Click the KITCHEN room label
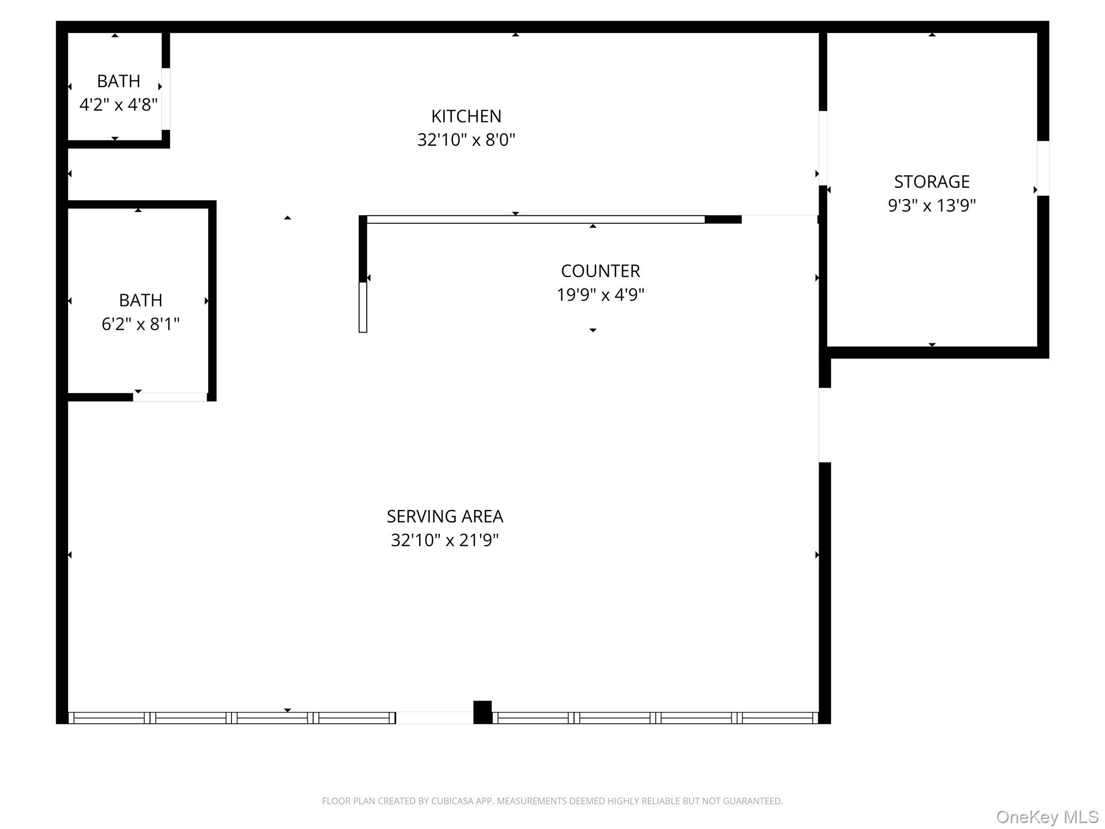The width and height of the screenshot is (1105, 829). pyautogui.click(x=466, y=116)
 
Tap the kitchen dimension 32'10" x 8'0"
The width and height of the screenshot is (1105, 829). pyautogui.click(x=466, y=140)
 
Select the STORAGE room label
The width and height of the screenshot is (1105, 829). pyautogui.click(x=932, y=181)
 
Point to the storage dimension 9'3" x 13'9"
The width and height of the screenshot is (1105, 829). pyautogui.click(x=932, y=206)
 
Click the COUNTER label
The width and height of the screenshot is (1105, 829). pyautogui.click(x=601, y=270)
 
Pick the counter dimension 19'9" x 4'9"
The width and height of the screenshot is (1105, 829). pyautogui.click(x=601, y=295)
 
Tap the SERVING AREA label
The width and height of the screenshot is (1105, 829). pyautogui.click(x=445, y=517)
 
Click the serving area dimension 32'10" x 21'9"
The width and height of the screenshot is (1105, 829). pyautogui.click(x=445, y=540)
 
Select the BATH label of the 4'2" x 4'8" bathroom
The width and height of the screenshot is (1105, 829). pyautogui.click(x=119, y=81)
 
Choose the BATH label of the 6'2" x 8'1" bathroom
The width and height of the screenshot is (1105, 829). pyautogui.click(x=141, y=300)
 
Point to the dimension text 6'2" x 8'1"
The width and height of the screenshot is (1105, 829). pyautogui.click(x=141, y=324)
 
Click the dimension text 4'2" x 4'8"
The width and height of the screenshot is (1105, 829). pyautogui.click(x=119, y=105)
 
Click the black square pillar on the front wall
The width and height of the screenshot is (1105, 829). pyautogui.click(x=482, y=712)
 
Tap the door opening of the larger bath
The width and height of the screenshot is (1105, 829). pyautogui.click(x=170, y=397)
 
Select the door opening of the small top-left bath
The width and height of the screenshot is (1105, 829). pyautogui.click(x=166, y=99)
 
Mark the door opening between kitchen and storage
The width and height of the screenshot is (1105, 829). pyautogui.click(x=823, y=148)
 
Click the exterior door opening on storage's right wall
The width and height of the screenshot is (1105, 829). pyautogui.click(x=1043, y=168)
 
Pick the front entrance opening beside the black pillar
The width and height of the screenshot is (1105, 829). pyautogui.click(x=434, y=718)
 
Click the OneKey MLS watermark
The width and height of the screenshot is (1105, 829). pyautogui.click(x=1047, y=817)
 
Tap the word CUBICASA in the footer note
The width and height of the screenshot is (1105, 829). pyautogui.click(x=452, y=801)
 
